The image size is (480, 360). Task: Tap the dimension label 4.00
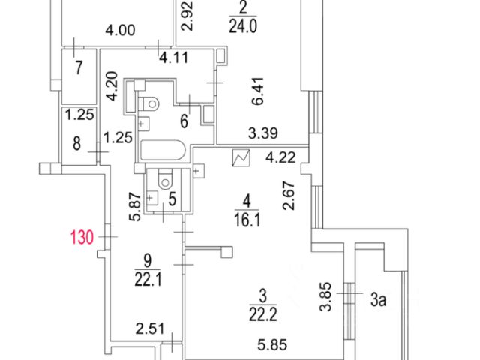(x=120, y=31)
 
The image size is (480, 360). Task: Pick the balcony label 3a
(x=379, y=301)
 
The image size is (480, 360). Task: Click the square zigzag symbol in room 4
(x=242, y=159)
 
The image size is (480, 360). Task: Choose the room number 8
(x=77, y=143)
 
